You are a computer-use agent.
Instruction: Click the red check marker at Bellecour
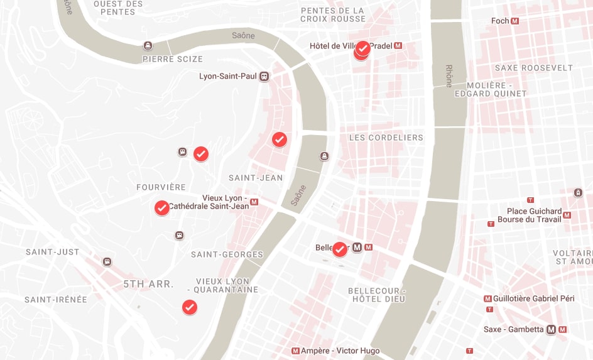339,249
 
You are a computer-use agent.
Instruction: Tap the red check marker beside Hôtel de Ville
362,48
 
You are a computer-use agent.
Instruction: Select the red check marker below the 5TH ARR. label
189,307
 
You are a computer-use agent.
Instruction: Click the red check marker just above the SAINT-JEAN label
280,139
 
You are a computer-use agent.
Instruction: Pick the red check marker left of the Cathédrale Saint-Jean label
161,207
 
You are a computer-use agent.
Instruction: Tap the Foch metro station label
501,21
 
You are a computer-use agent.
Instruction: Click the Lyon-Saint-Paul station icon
264,77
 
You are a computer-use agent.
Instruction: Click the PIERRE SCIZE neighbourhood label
173,59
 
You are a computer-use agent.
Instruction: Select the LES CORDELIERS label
386,138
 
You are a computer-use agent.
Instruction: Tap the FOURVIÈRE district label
161,187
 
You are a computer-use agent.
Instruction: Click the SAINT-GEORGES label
227,254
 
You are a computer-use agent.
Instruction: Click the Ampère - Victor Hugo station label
340,351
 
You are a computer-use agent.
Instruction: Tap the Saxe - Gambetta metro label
514,329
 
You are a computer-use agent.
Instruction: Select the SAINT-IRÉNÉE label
56,300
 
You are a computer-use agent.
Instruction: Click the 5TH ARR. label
148,284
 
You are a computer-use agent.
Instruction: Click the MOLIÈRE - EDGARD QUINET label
496,89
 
